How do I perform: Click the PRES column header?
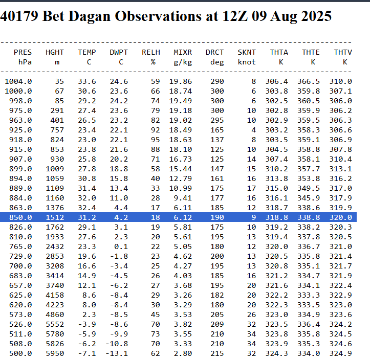23,52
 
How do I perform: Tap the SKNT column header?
247,52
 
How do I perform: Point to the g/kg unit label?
183,62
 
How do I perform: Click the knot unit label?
247,62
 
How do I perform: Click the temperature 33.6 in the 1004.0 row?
86,81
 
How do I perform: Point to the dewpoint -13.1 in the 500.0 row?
117,353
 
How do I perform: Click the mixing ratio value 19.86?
181,81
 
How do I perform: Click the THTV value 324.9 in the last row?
342,353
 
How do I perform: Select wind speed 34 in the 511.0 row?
251,334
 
